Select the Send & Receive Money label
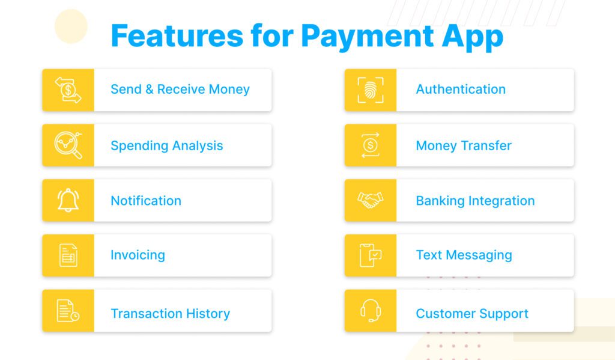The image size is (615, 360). (180, 90)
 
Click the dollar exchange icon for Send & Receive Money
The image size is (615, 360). (68, 90)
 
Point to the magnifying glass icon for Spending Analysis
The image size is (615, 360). (68, 145)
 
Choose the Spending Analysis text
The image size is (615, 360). (166, 145)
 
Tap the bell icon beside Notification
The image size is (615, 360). (68, 200)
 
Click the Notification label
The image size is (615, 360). (145, 201)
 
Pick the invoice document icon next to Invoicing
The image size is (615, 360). (68, 255)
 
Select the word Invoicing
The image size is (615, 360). (138, 255)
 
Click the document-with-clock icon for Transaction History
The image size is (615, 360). (68, 311)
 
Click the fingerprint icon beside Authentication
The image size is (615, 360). (370, 90)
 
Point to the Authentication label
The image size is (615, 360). (461, 90)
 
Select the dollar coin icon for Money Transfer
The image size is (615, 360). (370, 145)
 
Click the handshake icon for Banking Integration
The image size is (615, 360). (370, 200)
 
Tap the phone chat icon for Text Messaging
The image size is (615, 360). (370, 255)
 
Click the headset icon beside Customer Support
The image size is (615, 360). (370, 311)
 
